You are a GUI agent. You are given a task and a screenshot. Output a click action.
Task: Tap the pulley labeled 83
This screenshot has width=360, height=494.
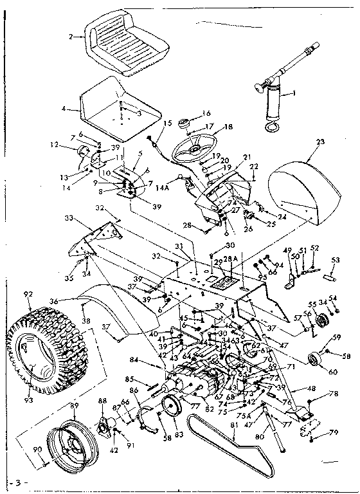click(171, 408)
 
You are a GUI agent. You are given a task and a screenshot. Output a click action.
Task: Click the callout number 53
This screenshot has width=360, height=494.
click(334, 259)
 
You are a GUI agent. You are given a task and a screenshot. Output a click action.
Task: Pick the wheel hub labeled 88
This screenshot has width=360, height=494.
click(104, 425)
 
